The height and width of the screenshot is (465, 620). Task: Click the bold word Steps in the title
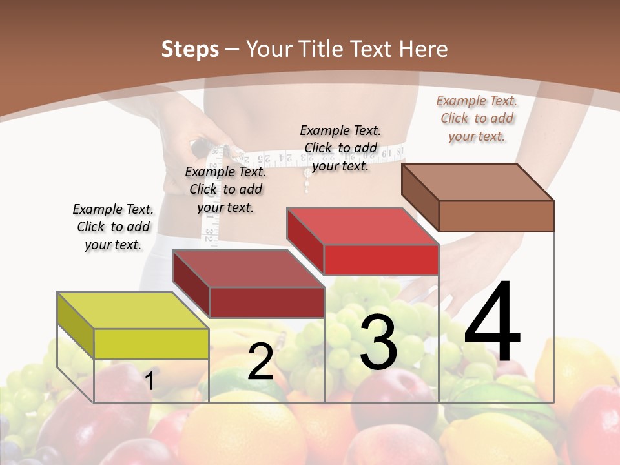[190, 49]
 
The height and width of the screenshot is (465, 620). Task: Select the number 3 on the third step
[378, 342]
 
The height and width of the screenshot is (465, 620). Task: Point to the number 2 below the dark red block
[261, 362]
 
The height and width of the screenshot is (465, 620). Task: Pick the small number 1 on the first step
[150, 381]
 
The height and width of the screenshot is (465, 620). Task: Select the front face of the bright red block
[381, 260]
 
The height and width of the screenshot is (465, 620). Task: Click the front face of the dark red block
[267, 302]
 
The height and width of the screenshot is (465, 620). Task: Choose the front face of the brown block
[496, 216]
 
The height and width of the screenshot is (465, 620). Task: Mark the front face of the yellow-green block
[151, 344]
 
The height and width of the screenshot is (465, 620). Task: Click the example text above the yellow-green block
[114, 227]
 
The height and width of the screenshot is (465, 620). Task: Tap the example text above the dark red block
[225, 189]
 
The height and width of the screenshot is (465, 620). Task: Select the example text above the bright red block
[340, 148]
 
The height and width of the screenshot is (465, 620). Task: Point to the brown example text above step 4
[477, 118]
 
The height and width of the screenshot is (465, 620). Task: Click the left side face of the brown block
[420, 196]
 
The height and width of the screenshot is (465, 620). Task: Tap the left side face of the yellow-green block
[76, 324]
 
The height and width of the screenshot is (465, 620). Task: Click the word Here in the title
[425, 49]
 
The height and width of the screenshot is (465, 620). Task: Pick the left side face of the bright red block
[305, 240]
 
